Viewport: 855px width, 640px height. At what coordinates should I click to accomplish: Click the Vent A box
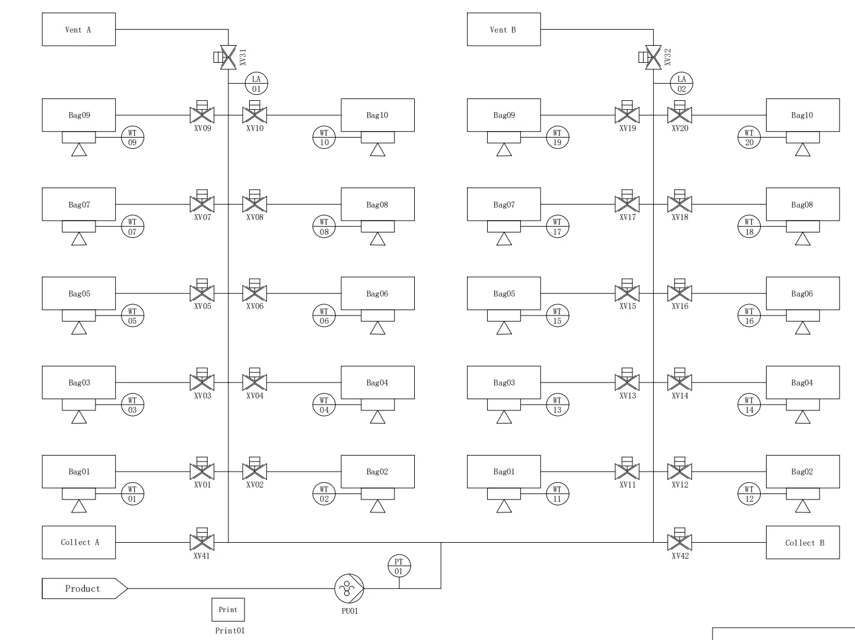point(79,29)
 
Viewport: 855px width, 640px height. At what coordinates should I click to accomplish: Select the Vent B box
point(504,29)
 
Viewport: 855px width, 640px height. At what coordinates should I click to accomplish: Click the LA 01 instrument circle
point(256,83)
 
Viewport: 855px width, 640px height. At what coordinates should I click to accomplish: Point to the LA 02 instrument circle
point(681,83)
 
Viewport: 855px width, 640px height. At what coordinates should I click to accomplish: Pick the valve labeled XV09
point(202,113)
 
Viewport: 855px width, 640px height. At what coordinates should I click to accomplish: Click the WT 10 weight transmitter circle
point(324,138)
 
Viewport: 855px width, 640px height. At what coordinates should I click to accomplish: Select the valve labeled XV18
point(680,202)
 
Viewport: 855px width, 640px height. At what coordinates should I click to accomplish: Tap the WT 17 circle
point(557,227)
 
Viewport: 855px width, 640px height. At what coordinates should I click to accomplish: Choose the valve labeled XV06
point(255,291)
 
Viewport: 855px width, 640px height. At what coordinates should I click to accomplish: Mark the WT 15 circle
point(557,316)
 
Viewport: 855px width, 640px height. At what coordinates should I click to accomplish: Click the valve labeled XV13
point(627,380)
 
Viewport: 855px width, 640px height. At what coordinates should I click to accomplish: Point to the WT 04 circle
point(324,405)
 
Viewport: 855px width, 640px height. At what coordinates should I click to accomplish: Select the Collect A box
point(79,542)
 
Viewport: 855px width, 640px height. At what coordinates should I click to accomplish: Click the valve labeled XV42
point(680,540)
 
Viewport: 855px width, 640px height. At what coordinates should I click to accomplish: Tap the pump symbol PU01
point(349,588)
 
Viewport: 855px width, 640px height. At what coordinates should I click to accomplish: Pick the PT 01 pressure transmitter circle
point(399,566)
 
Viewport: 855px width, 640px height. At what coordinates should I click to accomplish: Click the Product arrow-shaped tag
point(84,588)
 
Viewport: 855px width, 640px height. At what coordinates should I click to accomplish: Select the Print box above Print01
point(228,610)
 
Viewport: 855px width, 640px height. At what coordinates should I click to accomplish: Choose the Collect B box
point(803,542)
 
